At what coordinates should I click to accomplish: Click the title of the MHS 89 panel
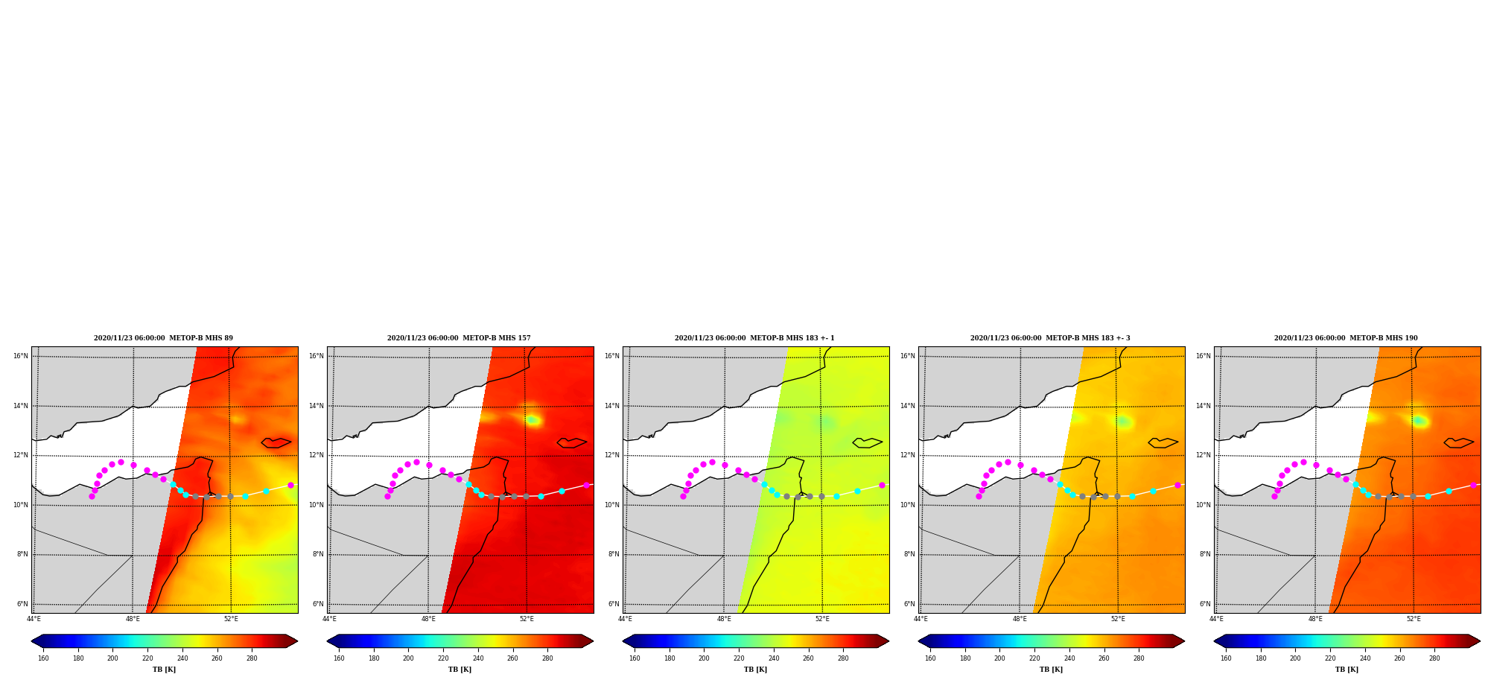point(163,338)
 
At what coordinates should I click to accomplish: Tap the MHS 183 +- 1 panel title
point(754,338)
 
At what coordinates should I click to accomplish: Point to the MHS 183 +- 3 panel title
point(1050,338)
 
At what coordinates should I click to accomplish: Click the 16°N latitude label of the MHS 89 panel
point(20,356)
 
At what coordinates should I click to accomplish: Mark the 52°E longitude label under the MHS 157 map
point(527,619)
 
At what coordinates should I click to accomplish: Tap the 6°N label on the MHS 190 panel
point(1204,604)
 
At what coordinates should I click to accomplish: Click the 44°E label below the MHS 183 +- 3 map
point(921,619)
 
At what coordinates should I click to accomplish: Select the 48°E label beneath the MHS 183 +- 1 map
point(724,619)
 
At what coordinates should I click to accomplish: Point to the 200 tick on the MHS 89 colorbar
point(112,658)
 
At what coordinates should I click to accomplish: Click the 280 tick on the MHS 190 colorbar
point(1434,658)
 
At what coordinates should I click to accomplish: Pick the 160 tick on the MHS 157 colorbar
point(339,658)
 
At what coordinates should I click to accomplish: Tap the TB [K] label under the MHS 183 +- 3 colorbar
point(1051,670)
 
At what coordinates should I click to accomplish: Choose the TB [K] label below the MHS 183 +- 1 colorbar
point(755,670)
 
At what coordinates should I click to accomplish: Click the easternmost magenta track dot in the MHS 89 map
point(290,485)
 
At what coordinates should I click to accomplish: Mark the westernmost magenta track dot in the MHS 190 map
point(1274,496)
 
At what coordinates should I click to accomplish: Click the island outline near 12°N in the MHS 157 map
point(571,442)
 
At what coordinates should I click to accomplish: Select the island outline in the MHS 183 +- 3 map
point(1163,442)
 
